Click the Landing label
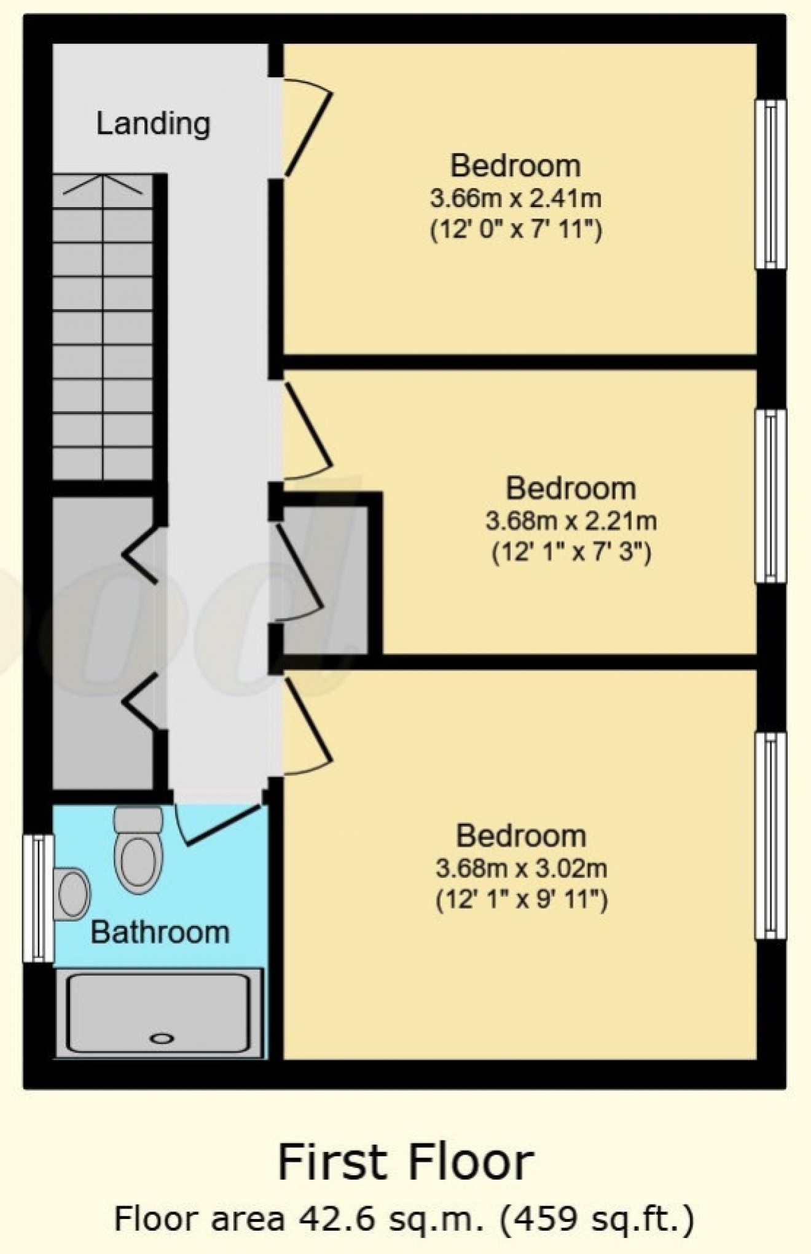pyautogui.click(x=153, y=123)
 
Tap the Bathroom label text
pyautogui.click(x=160, y=932)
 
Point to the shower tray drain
pyautogui.click(x=162, y=1038)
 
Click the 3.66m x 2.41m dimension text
pyautogui.click(x=515, y=199)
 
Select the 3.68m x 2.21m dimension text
pyautogui.click(x=571, y=522)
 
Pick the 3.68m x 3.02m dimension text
pyautogui.click(x=521, y=869)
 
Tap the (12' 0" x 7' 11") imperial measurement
pyautogui.click(x=515, y=232)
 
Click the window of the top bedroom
pyautogui.click(x=770, y=184)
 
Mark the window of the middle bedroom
pyautogui.click(x=770, y=496)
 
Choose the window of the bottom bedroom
pyautogui.click(x=770, y=836)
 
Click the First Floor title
pyautogui.click(x=405, y=1162)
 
